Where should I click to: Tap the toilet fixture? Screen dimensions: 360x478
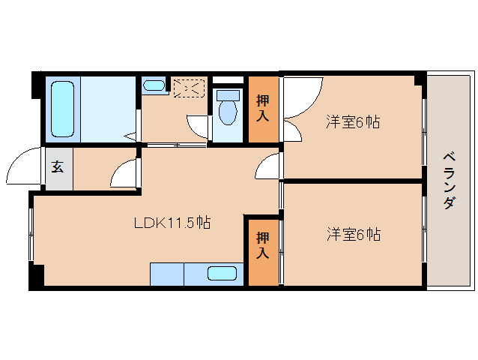pyautogui.click(x=228, y=109)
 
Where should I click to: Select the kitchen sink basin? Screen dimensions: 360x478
pyautogui.click(x=223, y=274)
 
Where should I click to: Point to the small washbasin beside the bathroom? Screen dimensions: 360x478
pyautogui.click(x=155, y=85)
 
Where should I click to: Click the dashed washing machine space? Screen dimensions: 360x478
pyautogui.click(x=188, y=88)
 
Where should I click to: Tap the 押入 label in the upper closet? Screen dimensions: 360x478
pyautogui.click(x=263, y=101)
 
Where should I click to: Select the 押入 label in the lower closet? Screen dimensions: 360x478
pyautogui.click(x=263, y=247)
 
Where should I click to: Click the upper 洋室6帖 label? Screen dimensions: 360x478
pyautogui.click(x=352, y=121)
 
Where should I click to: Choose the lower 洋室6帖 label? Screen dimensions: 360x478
pyautogui.click(x=352, y=235)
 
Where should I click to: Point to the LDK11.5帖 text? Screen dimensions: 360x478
pyautogui.click(x=172, y=223)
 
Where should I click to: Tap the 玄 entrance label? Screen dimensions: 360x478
pyautogui.click(x=58, y=166)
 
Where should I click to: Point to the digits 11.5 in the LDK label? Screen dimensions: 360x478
pyautogui.click(x=181, y=223)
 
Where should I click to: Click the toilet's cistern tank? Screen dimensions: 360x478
pyautogui.click(x=228, y=95)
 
